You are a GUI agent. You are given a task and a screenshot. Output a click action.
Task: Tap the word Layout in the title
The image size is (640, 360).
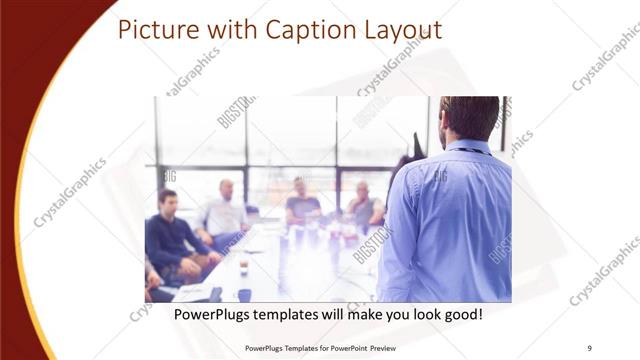[x=398, y=29]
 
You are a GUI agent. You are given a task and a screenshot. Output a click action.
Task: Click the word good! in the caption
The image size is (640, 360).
[x=462, y=314]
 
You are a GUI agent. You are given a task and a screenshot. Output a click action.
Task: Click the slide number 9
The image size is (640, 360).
[x=590, y=348]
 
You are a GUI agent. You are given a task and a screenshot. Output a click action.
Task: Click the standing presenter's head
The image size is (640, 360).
[x=469, y=118]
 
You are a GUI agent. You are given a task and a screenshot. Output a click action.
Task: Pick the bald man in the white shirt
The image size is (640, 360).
[x=225, y=210]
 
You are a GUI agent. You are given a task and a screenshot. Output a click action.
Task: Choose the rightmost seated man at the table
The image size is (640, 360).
[x=363, y=205]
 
